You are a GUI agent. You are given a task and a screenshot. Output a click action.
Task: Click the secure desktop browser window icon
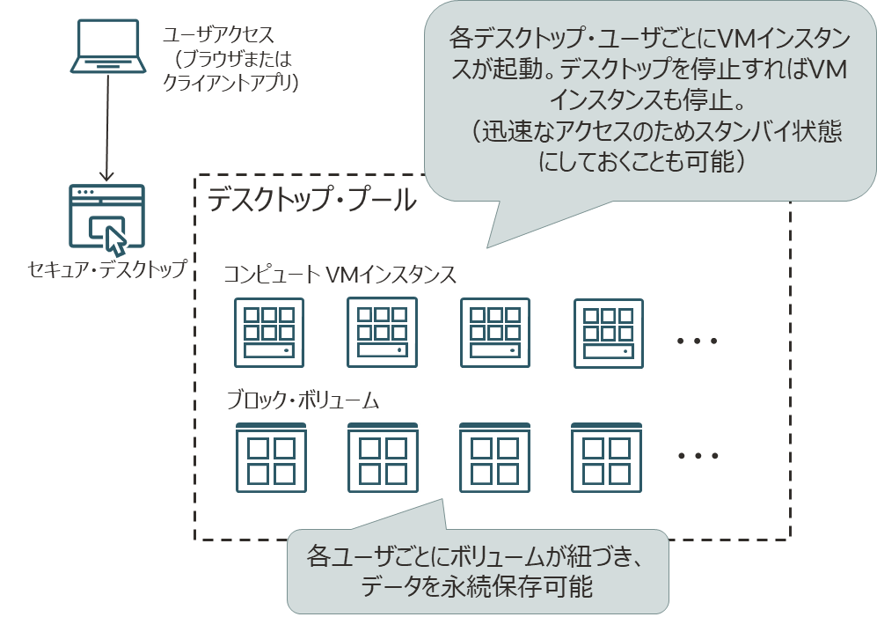click(106, 217)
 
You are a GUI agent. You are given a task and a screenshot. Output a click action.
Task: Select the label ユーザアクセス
click(219, 37)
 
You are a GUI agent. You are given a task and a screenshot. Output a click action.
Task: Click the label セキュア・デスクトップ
click(106, 269)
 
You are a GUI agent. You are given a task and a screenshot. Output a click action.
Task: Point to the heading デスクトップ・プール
click(312, 201)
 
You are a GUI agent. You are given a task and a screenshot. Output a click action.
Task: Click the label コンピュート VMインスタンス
click(339, 275)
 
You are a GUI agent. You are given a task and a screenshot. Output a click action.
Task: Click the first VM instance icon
click(268, 332)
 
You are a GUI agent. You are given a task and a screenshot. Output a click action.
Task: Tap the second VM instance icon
click(381, 332)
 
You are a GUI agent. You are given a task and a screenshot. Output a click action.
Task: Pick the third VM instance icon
click(494, 332)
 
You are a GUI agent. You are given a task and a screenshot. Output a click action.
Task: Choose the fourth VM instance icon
click(608, 332)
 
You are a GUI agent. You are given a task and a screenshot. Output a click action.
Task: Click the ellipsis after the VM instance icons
click(699, 341)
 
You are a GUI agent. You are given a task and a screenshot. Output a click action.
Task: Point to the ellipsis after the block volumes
click(699, 456)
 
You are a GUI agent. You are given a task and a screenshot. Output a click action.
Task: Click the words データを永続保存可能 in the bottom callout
click(478, 586)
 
